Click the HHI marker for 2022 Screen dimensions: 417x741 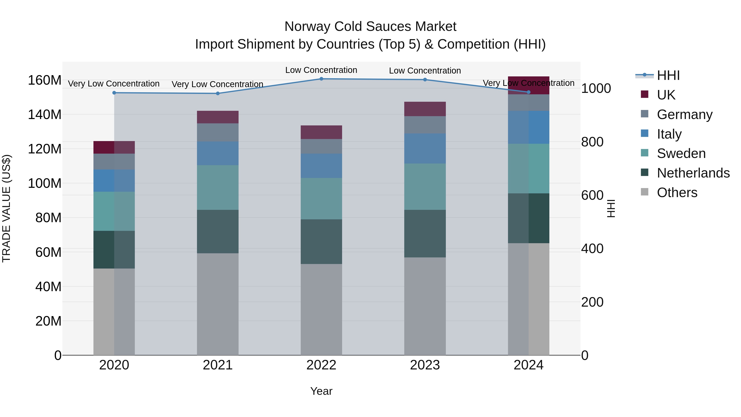point(321,79)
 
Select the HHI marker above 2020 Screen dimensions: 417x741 point(114,93)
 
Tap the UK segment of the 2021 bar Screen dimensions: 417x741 point(218,117)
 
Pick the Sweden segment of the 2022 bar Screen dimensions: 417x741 point(321,199)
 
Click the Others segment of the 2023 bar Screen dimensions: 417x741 point(425,306)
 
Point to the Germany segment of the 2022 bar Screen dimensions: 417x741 point(321,146)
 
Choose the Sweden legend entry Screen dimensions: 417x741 point(681,153)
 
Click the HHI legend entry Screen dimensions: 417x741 point(668,75)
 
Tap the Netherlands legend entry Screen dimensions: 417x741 point(693,173)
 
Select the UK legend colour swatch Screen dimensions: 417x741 point(645,94)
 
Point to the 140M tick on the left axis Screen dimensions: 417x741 point(45,114)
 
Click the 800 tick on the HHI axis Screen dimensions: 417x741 point(592,142)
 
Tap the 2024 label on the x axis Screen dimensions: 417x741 point(528,365)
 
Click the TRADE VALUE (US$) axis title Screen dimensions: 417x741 point(6,208)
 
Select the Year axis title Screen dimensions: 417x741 point(321,391)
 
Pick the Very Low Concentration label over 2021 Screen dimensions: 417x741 point(218,84)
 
